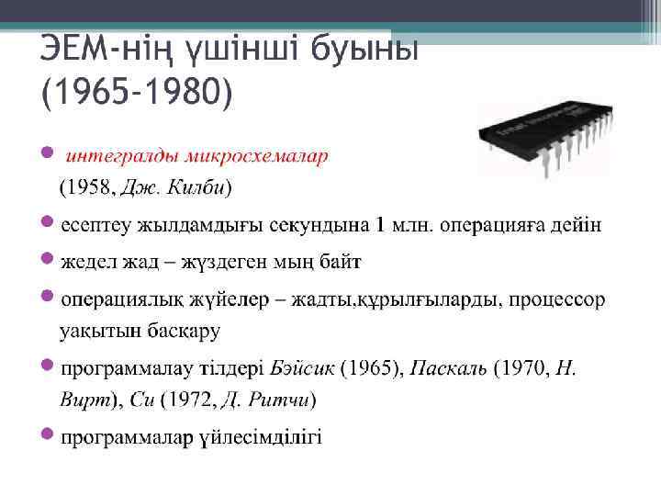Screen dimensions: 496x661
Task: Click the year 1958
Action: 87,189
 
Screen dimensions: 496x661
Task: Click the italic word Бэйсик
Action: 304,370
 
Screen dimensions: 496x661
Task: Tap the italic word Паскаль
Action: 448,370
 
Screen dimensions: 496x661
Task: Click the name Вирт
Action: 84,400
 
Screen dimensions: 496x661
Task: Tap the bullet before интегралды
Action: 49,152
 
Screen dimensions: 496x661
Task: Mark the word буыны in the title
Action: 363,47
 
